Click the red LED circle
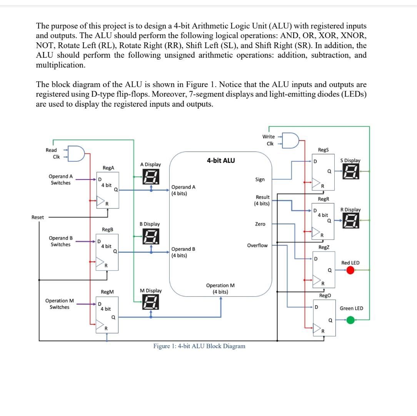click(350, 270)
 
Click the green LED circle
click(350, 319)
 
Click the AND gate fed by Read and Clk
click(77, 153)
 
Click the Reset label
click(37, 217)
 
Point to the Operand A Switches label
click(60, 179)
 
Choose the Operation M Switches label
click(59, 304)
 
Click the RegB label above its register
click(107, 229)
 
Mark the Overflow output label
click(257, 245)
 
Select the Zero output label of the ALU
click(260, 224)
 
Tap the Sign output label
click(260, 179)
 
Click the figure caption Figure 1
click(199, 346)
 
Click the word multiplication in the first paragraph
click(60, 65)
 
